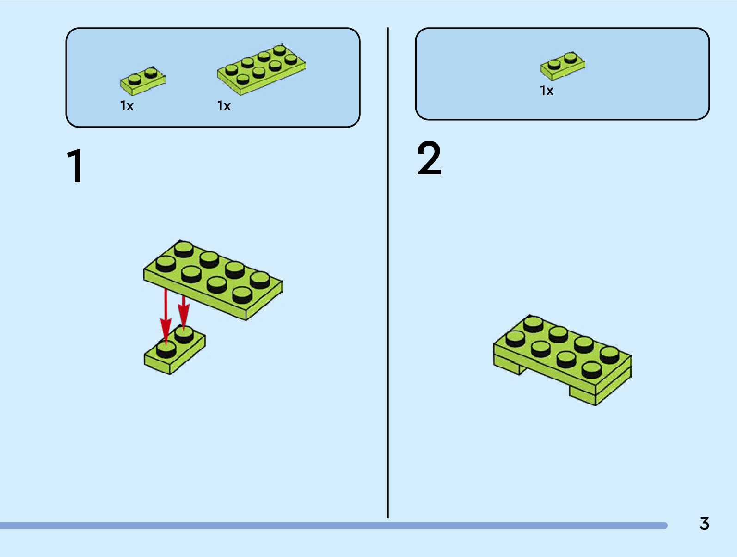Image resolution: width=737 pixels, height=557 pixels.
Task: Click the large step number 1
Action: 75,166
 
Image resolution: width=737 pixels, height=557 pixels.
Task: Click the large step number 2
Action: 429,159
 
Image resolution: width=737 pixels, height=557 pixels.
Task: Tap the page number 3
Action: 704,524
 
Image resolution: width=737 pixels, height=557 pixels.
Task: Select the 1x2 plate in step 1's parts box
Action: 143,80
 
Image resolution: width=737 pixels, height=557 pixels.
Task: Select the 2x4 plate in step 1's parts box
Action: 261,69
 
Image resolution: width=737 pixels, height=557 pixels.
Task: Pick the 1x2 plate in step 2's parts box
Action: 562,65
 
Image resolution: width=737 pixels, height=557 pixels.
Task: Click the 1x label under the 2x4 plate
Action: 224,106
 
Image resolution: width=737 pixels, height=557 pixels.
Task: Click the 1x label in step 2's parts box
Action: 547,91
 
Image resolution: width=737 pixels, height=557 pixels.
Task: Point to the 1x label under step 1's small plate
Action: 127,106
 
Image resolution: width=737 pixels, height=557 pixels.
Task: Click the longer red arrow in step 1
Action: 166,314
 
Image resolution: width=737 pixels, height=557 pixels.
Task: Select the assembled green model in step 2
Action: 562,358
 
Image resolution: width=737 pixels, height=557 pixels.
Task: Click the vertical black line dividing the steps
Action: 387,273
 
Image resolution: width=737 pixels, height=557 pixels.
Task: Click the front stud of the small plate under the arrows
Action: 166,349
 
